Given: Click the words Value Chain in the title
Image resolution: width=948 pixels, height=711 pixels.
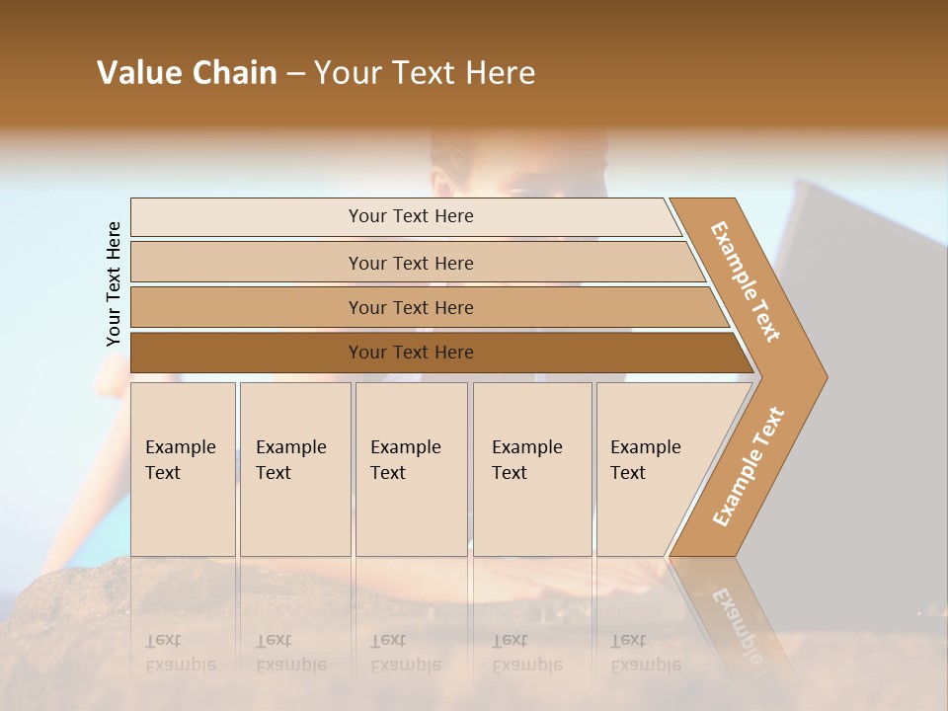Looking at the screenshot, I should (187, 73).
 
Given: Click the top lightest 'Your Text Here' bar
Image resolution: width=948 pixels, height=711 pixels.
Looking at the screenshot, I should (410, 216).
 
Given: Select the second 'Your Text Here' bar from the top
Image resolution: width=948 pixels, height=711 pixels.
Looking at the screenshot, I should (410, 263).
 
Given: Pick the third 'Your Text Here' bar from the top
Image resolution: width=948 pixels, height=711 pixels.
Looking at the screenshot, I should (410, 307).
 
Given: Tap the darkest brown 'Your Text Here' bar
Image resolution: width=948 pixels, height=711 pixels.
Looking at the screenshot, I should (410, 353).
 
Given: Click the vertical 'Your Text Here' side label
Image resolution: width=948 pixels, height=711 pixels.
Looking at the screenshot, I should (114, 283).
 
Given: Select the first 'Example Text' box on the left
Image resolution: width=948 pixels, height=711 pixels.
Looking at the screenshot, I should (183, 469).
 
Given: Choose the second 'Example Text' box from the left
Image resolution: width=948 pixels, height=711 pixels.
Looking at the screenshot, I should (294, 469).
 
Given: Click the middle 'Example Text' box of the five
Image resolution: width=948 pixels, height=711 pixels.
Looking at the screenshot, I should (411, 469).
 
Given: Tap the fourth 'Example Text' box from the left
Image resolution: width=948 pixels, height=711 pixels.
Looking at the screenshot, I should (532, 469).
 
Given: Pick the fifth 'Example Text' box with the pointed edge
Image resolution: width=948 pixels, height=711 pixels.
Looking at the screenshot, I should (652, 469).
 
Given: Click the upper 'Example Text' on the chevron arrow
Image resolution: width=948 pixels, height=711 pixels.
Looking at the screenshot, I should (746, 281).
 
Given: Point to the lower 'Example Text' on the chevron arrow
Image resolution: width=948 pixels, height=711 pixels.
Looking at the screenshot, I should (749, 467).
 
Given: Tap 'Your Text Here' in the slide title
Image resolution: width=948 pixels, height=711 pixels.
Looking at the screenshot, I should (425, 73).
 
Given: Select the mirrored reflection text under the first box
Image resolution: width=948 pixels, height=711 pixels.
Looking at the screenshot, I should (180, 653).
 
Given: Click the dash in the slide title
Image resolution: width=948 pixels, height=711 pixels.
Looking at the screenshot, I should (295, 74).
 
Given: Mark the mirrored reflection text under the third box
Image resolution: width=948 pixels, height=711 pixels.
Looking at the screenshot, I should (405, 653).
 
